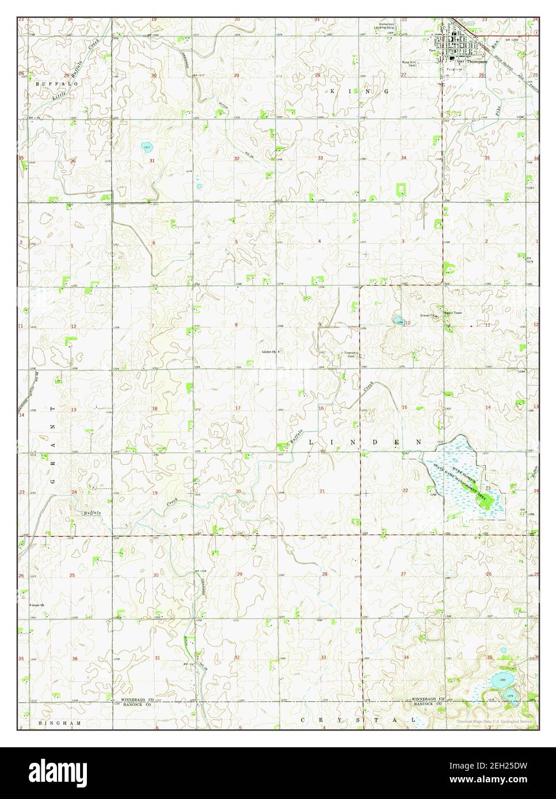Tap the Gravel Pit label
coord(429,316)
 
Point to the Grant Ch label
coord(37,605)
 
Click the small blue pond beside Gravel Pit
coord(398,320)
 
